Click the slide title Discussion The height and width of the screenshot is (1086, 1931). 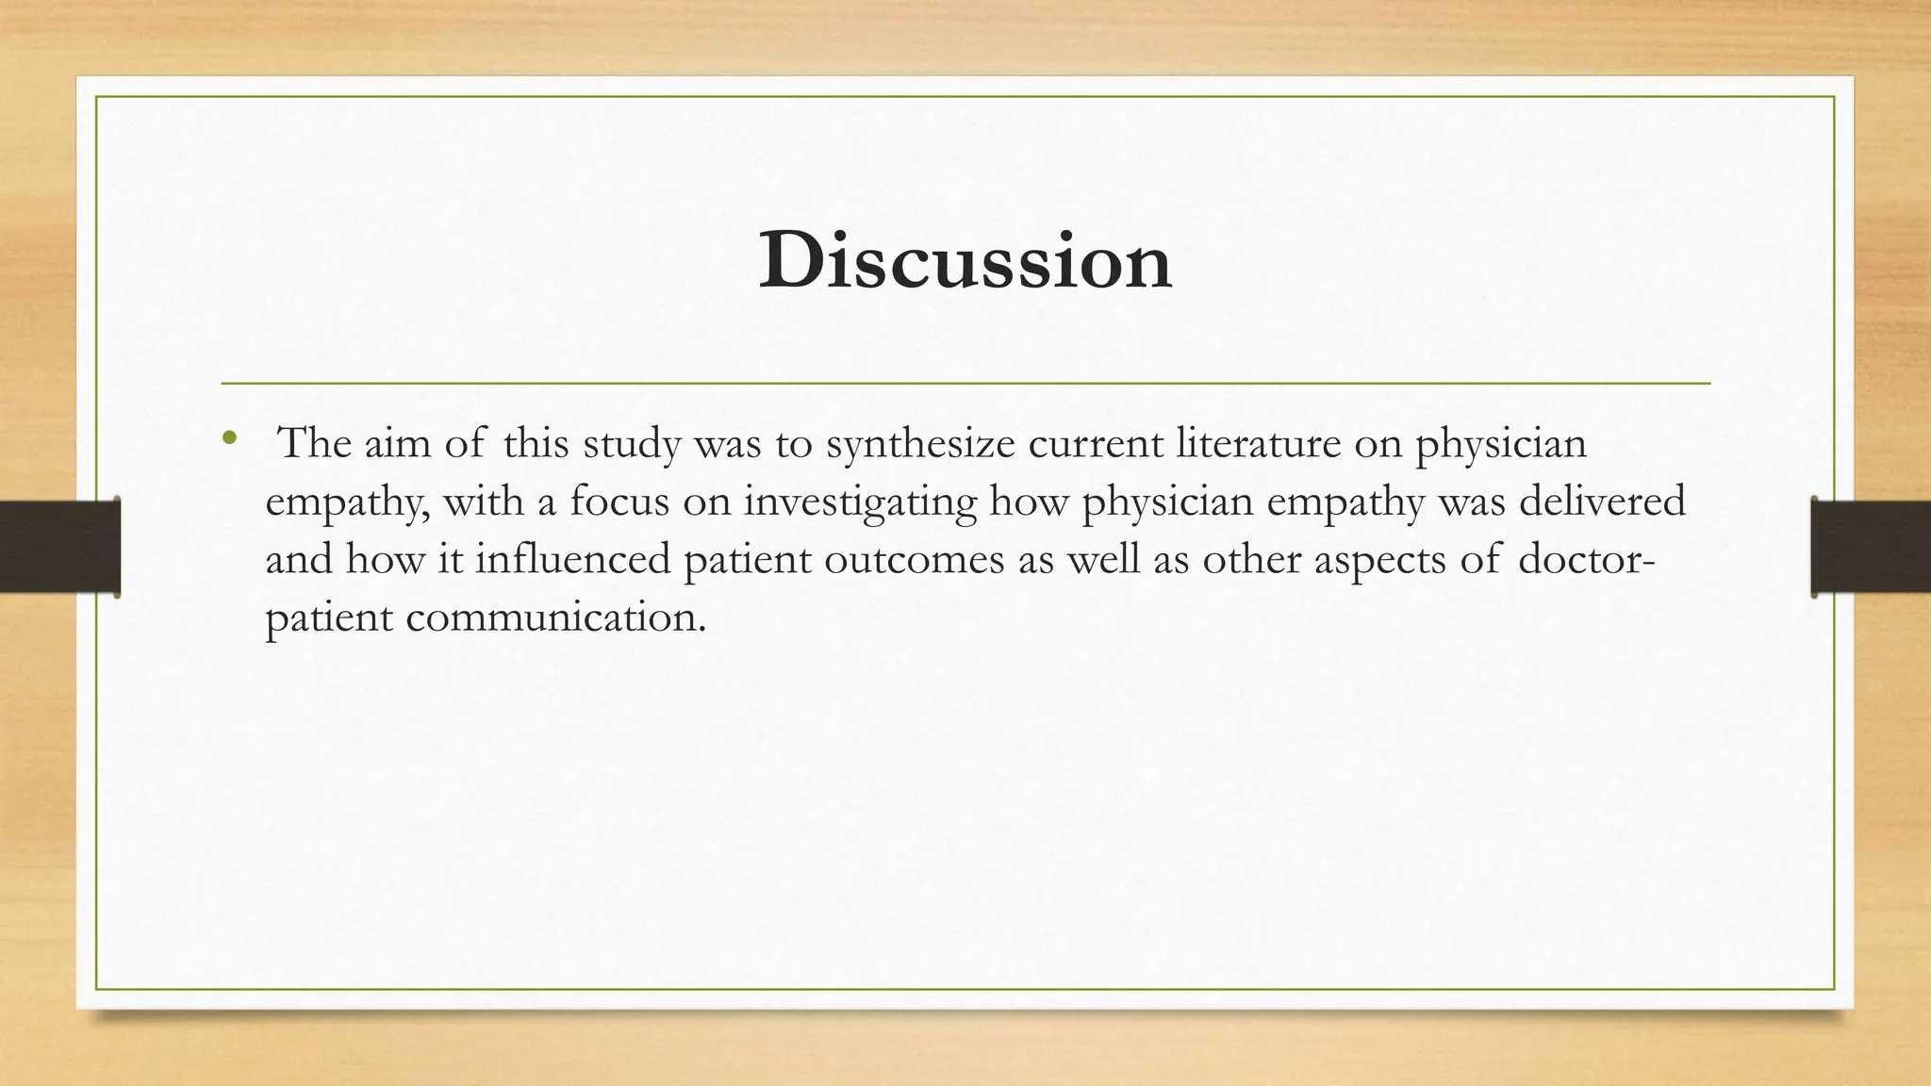tap(965, 261)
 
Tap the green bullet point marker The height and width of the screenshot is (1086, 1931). tap(227, 437)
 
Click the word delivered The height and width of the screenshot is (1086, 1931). tap(1602, 501)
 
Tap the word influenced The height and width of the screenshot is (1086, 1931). tap(571, 559)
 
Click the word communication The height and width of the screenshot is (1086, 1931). tap(555, 617)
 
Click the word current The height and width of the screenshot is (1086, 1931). tap(1096, 443)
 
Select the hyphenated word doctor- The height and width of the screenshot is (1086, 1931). tap(1586, 559)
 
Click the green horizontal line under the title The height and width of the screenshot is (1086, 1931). tap(965, 384)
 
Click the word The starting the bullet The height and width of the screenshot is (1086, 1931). tap(316, 443)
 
